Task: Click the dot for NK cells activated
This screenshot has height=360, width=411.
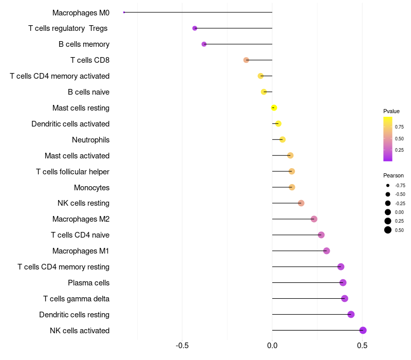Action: click(363, 330)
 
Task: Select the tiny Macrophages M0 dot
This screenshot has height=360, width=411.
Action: click(124, 12)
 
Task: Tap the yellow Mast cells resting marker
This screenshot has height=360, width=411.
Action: click(274, 107)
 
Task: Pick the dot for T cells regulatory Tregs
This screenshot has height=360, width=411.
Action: click(195, 28)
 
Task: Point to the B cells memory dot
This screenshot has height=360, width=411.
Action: click(204, 44)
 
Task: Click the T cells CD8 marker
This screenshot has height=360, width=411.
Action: click(246, 60)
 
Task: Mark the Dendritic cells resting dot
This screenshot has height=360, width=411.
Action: click(351, 314)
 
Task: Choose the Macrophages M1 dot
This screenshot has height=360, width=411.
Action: click(326, 251)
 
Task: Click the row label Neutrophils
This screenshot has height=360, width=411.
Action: click(90, 140)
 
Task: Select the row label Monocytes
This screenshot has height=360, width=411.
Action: click(91, 188)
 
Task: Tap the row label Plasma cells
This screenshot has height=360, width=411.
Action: click(88, 283)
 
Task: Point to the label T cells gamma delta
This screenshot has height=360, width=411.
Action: click(76, 299)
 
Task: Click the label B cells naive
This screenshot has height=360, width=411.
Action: click(88, 92)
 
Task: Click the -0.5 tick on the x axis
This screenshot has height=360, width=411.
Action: click(182, 346)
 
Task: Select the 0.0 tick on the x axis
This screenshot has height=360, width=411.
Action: click(272, 346)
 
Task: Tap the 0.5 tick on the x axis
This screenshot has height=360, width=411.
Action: click(362, 346)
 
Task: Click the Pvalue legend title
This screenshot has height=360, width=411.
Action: click(391, 111)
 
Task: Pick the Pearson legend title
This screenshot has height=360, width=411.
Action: click(394, 175)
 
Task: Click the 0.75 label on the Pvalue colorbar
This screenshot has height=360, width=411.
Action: click(399, 127)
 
